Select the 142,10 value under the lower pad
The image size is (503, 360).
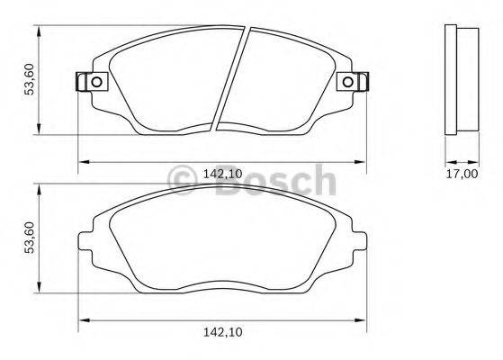(223, 333)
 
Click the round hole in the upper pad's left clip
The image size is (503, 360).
(93, 83)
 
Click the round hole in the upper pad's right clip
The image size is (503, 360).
(346, 83)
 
